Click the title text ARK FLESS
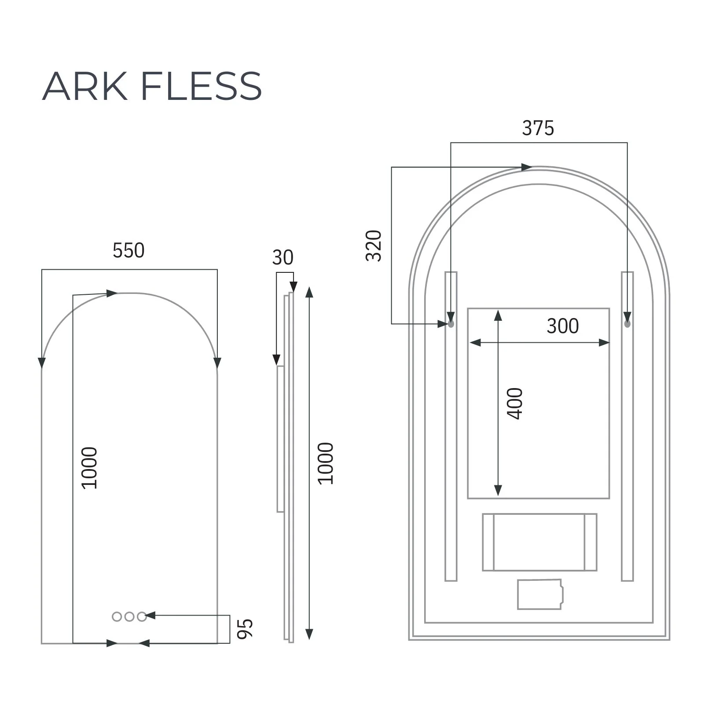[152, 86]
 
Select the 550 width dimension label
[128, 251]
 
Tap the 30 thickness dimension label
[282, 258]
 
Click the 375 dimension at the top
[538, 128]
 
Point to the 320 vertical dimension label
[374, 246]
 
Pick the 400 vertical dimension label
[515, 403]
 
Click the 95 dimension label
[245, 628]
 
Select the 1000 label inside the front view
[89, 468]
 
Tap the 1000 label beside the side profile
[326, 463]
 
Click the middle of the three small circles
[129, 617]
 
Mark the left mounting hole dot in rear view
[451, 324]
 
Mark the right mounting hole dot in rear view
[627, 324]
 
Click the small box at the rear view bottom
[540, 594]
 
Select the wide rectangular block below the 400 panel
[539, 542]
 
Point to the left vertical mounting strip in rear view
[451, 440]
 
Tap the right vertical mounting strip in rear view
[627, 440]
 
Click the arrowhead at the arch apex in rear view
[527, 167]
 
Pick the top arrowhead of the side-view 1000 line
[309, 292]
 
